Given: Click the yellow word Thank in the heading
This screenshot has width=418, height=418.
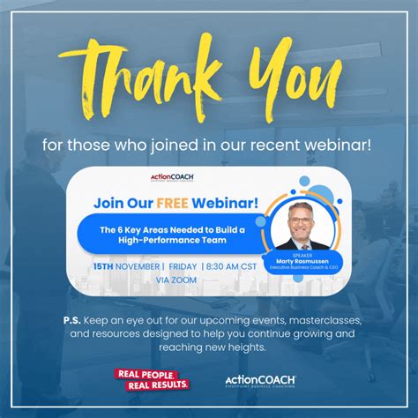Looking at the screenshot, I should pyautogui.click(x=132, y=79).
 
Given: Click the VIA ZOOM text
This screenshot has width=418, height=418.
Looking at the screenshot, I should pyautogui.click(x=176, y=280).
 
